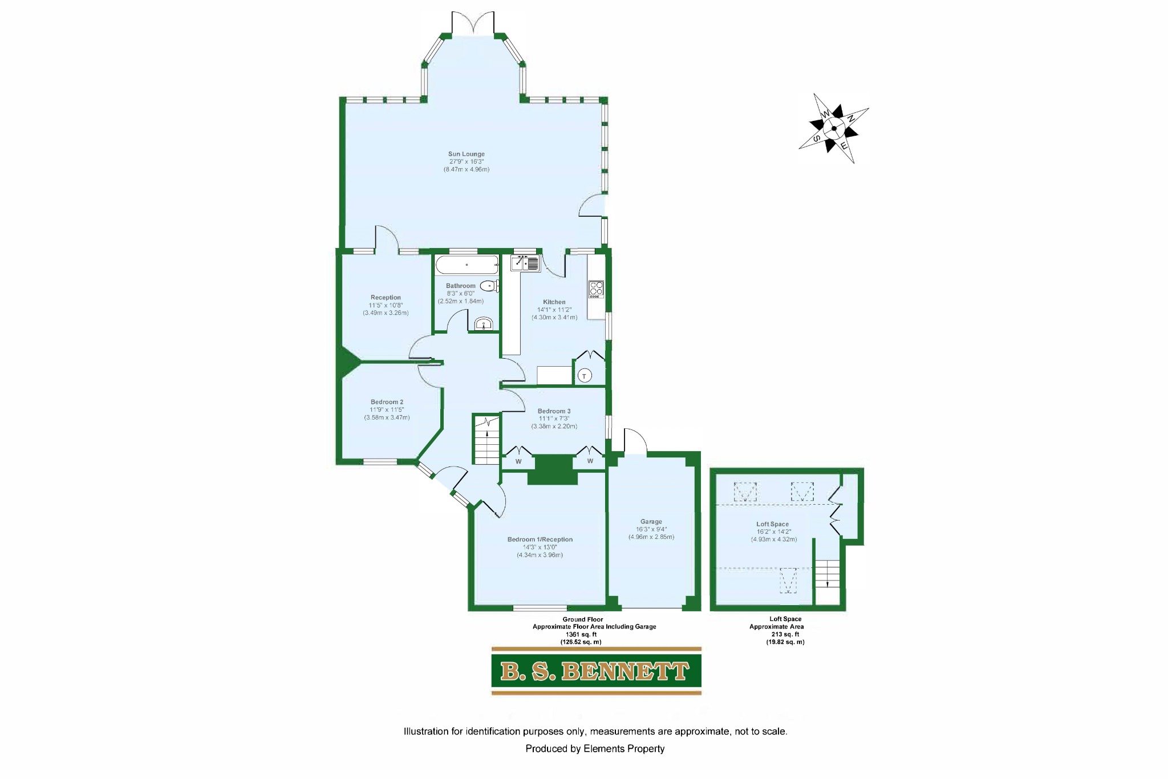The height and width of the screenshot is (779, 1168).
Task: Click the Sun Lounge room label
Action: pyautogui.click(x=466, y=154)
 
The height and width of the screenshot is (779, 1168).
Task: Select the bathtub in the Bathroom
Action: pyautogui.click(x=467, y=265)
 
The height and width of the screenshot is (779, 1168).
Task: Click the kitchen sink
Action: pyautogui.click(x=525, y=263)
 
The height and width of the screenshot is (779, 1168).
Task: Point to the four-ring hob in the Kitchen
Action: pyautogui.click(x=596, y=290)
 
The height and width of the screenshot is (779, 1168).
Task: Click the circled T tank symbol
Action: pyautogui.click(x=584, y=376)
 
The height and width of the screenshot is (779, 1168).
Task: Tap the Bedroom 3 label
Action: pyautogui.click(x=554, y=411)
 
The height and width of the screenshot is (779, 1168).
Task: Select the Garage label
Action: pyautogui.click(x=651, y=522)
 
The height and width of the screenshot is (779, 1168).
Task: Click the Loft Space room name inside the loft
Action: pyautogui.click(x=772, y=524)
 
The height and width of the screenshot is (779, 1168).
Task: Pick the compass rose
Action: pyautogui.click(x=834, y=128)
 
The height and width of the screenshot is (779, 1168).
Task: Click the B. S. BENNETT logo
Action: pyautogui.click(x=596, y=671)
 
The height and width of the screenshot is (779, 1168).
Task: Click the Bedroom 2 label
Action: pyautogui.click(x=387, y=402)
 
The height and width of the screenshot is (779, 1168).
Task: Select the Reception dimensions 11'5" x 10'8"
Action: pyautogui.click(x=386, y=305)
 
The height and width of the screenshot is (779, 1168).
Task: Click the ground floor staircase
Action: pyautogui.click(x=486, y=440)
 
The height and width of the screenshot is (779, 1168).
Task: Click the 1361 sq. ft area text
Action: pyautogui.click(x=581, y=634)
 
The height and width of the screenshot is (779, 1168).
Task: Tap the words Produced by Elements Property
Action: pyautogui.click(x=595, y=749)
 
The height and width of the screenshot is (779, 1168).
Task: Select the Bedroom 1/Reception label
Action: pyautogui.click(x=540, y=539)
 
